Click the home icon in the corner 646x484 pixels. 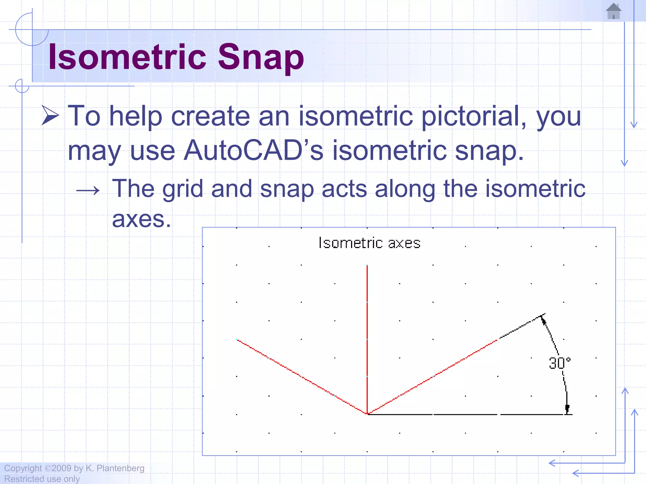614,11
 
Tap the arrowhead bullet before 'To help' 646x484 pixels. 50,115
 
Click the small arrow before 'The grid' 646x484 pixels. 88,190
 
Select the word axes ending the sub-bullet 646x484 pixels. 141,219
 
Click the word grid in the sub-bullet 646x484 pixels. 182,189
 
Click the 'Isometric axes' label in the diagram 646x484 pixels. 369,243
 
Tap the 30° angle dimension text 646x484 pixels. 559,363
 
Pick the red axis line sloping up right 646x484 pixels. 432,377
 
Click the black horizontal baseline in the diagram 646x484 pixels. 467,414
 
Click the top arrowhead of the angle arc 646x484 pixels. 543,320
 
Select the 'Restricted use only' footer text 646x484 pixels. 42,479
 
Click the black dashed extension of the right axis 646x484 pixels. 520,327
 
